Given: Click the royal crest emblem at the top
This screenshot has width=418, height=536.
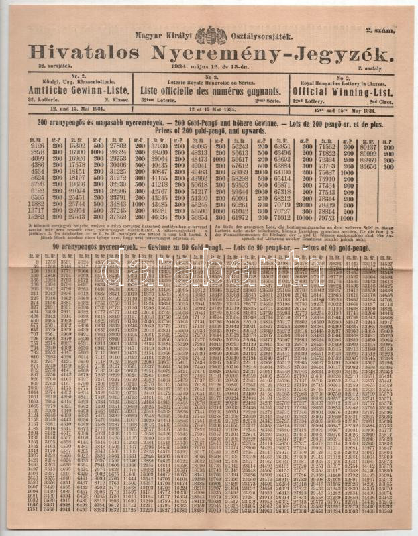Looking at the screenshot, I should coord(211,35).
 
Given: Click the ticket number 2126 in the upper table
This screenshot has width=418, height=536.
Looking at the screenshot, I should coord(38,145).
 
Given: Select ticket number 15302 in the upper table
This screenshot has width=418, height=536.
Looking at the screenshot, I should coord(77,145).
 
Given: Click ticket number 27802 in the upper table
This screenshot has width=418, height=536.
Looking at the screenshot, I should coord(118,145).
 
